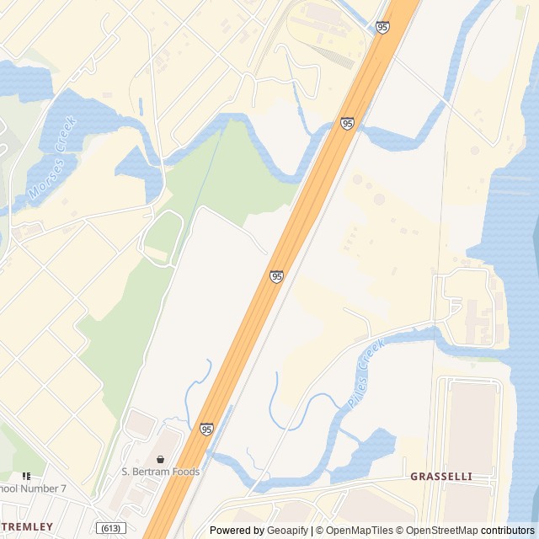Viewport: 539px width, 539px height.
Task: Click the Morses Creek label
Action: coord(52,157)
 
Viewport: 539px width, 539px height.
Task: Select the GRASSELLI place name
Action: coord(440,477)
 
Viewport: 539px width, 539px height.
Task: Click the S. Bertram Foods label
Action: coord(160,472)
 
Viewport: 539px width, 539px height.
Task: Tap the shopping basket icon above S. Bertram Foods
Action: coord(160,459)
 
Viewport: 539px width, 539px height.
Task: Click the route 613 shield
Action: coord(111,528)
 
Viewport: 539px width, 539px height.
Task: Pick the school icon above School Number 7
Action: coord(26,476)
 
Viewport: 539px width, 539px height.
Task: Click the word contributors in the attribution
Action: coord(508,531)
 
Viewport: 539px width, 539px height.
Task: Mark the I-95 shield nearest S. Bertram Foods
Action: coord(206,430)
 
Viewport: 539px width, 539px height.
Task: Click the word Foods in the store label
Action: coord(184,472)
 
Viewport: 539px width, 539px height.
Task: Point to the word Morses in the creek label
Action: coord(43,179)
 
